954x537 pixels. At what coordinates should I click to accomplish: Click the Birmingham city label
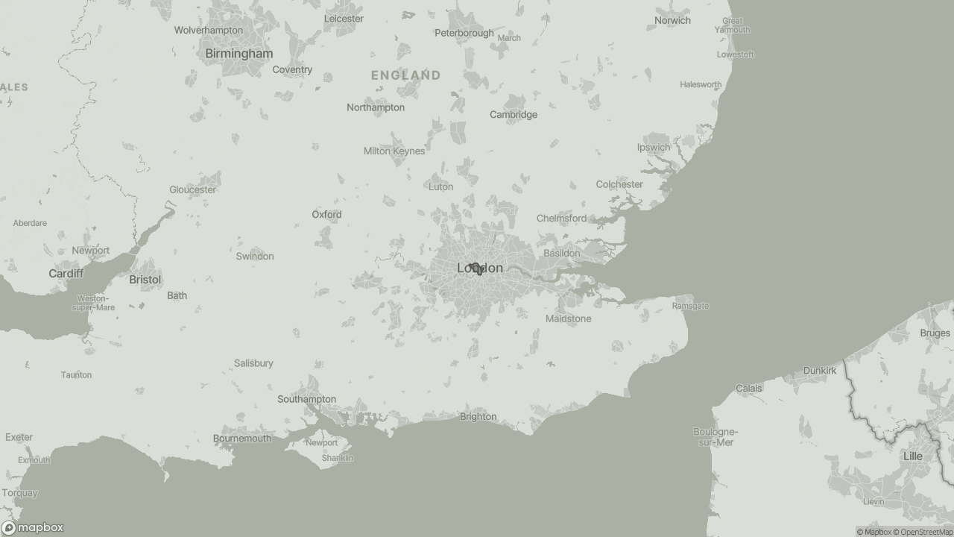point(238,54)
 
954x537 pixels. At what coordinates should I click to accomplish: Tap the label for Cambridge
point(513,115)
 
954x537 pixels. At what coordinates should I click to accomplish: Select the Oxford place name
point(326,215)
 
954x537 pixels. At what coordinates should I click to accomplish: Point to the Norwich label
point(672,21)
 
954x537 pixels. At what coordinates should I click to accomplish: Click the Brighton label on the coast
point(478,417)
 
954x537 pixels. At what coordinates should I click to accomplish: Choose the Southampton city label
point(306,399)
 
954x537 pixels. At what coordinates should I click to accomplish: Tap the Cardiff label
point(66,274)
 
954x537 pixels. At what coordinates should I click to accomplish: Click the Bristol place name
point(145,280)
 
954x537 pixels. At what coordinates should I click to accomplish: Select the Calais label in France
point(748,389)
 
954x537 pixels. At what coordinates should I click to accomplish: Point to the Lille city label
point(912,456)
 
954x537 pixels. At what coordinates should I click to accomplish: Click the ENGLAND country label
point(405,75)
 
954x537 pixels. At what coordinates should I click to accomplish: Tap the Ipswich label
point(653,148)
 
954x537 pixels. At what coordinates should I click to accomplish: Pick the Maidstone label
point(568,319)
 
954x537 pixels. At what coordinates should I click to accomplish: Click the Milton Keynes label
point(394,151)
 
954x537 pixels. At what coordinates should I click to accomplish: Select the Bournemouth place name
point(242,439)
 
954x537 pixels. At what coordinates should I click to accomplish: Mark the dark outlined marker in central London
point(476,268)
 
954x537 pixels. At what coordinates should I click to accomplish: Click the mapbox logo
point(33,527)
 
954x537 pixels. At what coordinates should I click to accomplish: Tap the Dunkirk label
point(819,371)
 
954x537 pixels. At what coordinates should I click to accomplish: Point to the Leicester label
point(344,19)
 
